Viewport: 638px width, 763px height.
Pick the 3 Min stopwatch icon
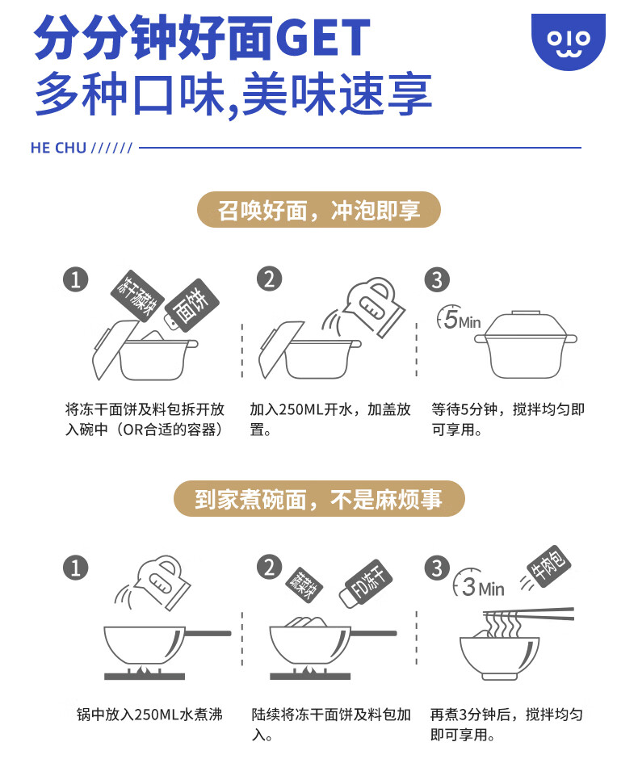(480, 585)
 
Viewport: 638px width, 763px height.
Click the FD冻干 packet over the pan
(364, 587)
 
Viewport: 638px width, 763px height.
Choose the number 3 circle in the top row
(437, 279)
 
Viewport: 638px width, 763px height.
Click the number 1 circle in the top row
(75, 279)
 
